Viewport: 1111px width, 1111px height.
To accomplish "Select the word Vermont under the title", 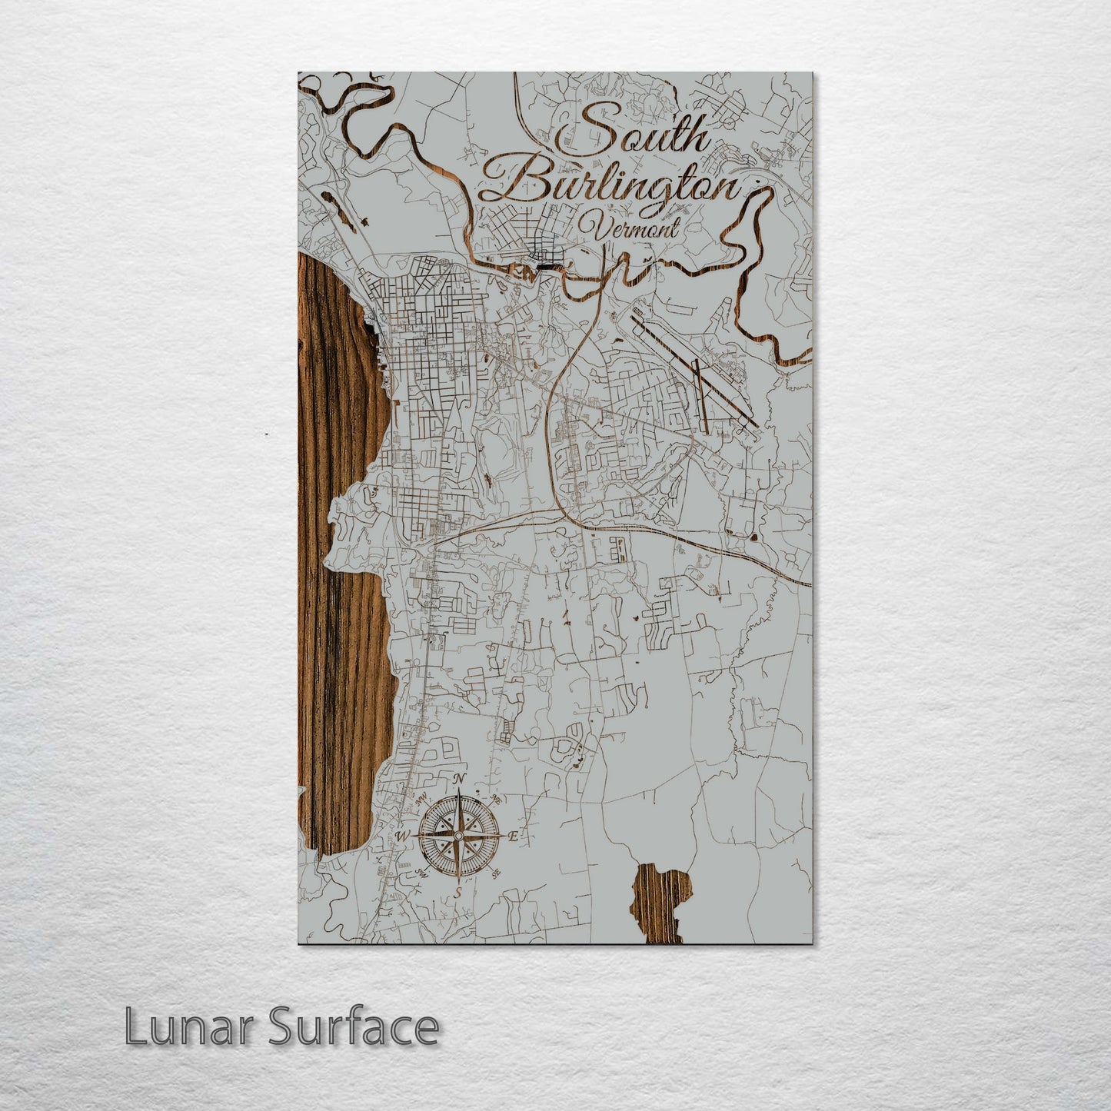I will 630,228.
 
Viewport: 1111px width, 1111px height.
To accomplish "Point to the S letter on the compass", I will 458,893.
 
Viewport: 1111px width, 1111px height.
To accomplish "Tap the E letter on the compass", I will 514,836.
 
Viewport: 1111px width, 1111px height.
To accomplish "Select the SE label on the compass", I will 496,873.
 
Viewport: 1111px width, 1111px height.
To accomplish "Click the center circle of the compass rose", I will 459,835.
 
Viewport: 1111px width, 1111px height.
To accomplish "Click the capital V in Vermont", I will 590,228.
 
